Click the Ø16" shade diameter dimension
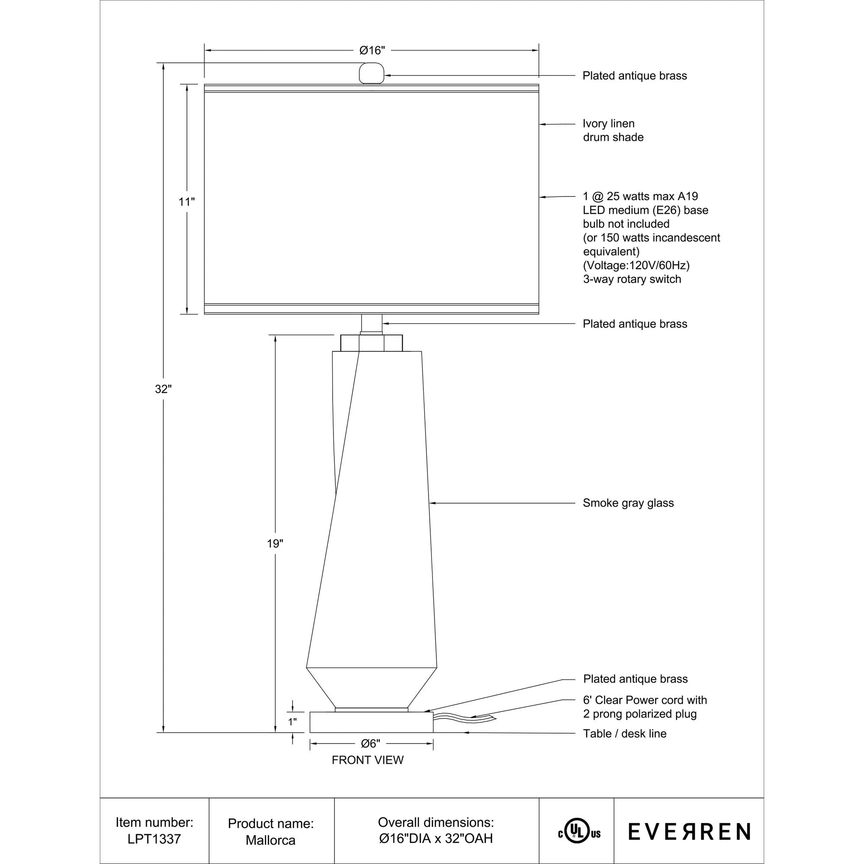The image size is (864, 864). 372,51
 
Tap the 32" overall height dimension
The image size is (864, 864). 163,389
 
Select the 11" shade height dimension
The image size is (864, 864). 187,202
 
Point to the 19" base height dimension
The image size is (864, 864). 275,544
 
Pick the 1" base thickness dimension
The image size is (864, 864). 292,722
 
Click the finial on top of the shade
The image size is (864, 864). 372,73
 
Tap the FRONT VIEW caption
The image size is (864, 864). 368,760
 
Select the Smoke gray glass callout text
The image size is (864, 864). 628,503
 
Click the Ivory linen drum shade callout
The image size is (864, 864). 613,130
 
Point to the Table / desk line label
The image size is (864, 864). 624,734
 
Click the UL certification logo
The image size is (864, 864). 579,833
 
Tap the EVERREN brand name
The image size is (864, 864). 689,832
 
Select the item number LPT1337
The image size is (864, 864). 154,839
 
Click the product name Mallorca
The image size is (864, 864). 270,840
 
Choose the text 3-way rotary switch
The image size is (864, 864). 632,279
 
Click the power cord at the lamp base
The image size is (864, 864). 463,719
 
